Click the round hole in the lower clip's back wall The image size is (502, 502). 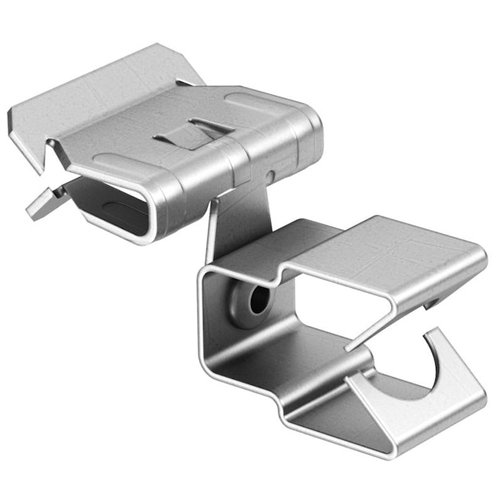tap(257, 301)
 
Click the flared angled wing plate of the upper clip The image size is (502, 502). tap(96, 92)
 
